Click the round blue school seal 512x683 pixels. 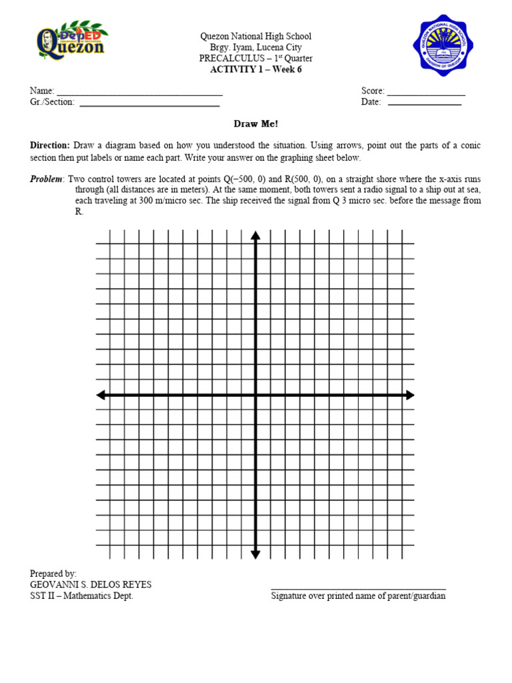point(444,48)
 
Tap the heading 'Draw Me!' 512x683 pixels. point(255,124)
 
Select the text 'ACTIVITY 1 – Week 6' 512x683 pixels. point(255,69)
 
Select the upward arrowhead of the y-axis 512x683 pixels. point(255,234)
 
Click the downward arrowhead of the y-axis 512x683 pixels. point(255,554)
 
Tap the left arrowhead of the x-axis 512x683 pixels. point(101,396)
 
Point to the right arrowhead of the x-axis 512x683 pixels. point(409,396)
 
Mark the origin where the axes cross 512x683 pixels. point(255,396)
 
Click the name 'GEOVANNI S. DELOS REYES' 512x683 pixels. point(91,584)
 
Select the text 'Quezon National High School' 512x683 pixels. point(255,36)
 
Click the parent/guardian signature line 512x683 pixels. point(358,588)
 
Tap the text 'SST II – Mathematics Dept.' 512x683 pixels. point(81,596)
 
